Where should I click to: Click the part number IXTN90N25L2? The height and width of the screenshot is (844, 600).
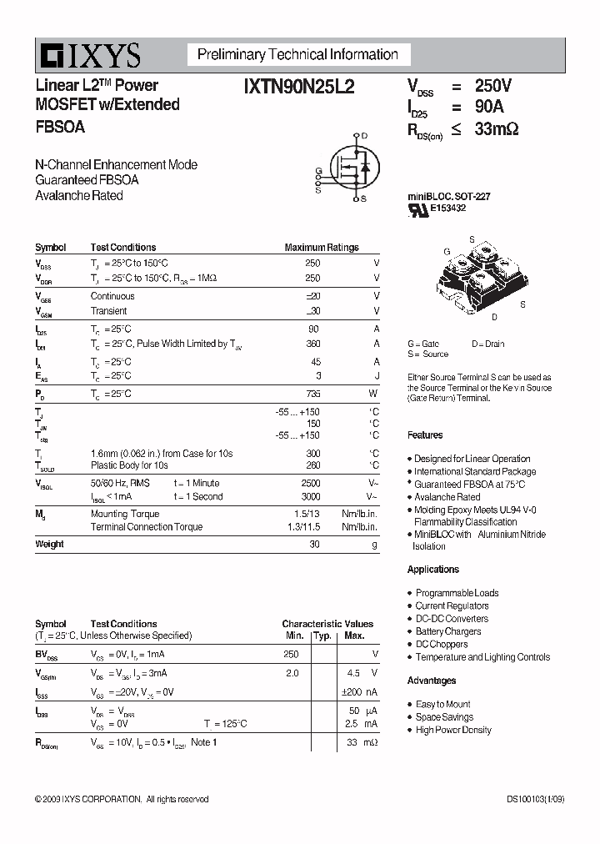click(299, 86)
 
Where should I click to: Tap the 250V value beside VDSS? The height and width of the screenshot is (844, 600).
click(492, 86)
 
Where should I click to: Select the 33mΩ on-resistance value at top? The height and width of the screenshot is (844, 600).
click(496, 129)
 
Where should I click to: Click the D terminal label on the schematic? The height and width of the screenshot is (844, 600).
click(363, 135)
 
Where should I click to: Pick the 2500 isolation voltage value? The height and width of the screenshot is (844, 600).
click(310, 483)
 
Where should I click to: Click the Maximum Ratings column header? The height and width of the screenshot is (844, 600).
click(322, 248)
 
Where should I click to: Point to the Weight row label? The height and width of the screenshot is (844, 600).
click(49, 545)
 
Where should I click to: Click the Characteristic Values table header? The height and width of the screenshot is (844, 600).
click(327, 624)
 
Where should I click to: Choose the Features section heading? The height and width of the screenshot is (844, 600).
click(425, 435)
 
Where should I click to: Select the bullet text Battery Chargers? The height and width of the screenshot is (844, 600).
click(448, 631)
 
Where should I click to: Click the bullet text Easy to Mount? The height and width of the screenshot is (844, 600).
click(442, 705)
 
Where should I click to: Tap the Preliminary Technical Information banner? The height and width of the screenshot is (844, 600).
click(297, 55)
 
